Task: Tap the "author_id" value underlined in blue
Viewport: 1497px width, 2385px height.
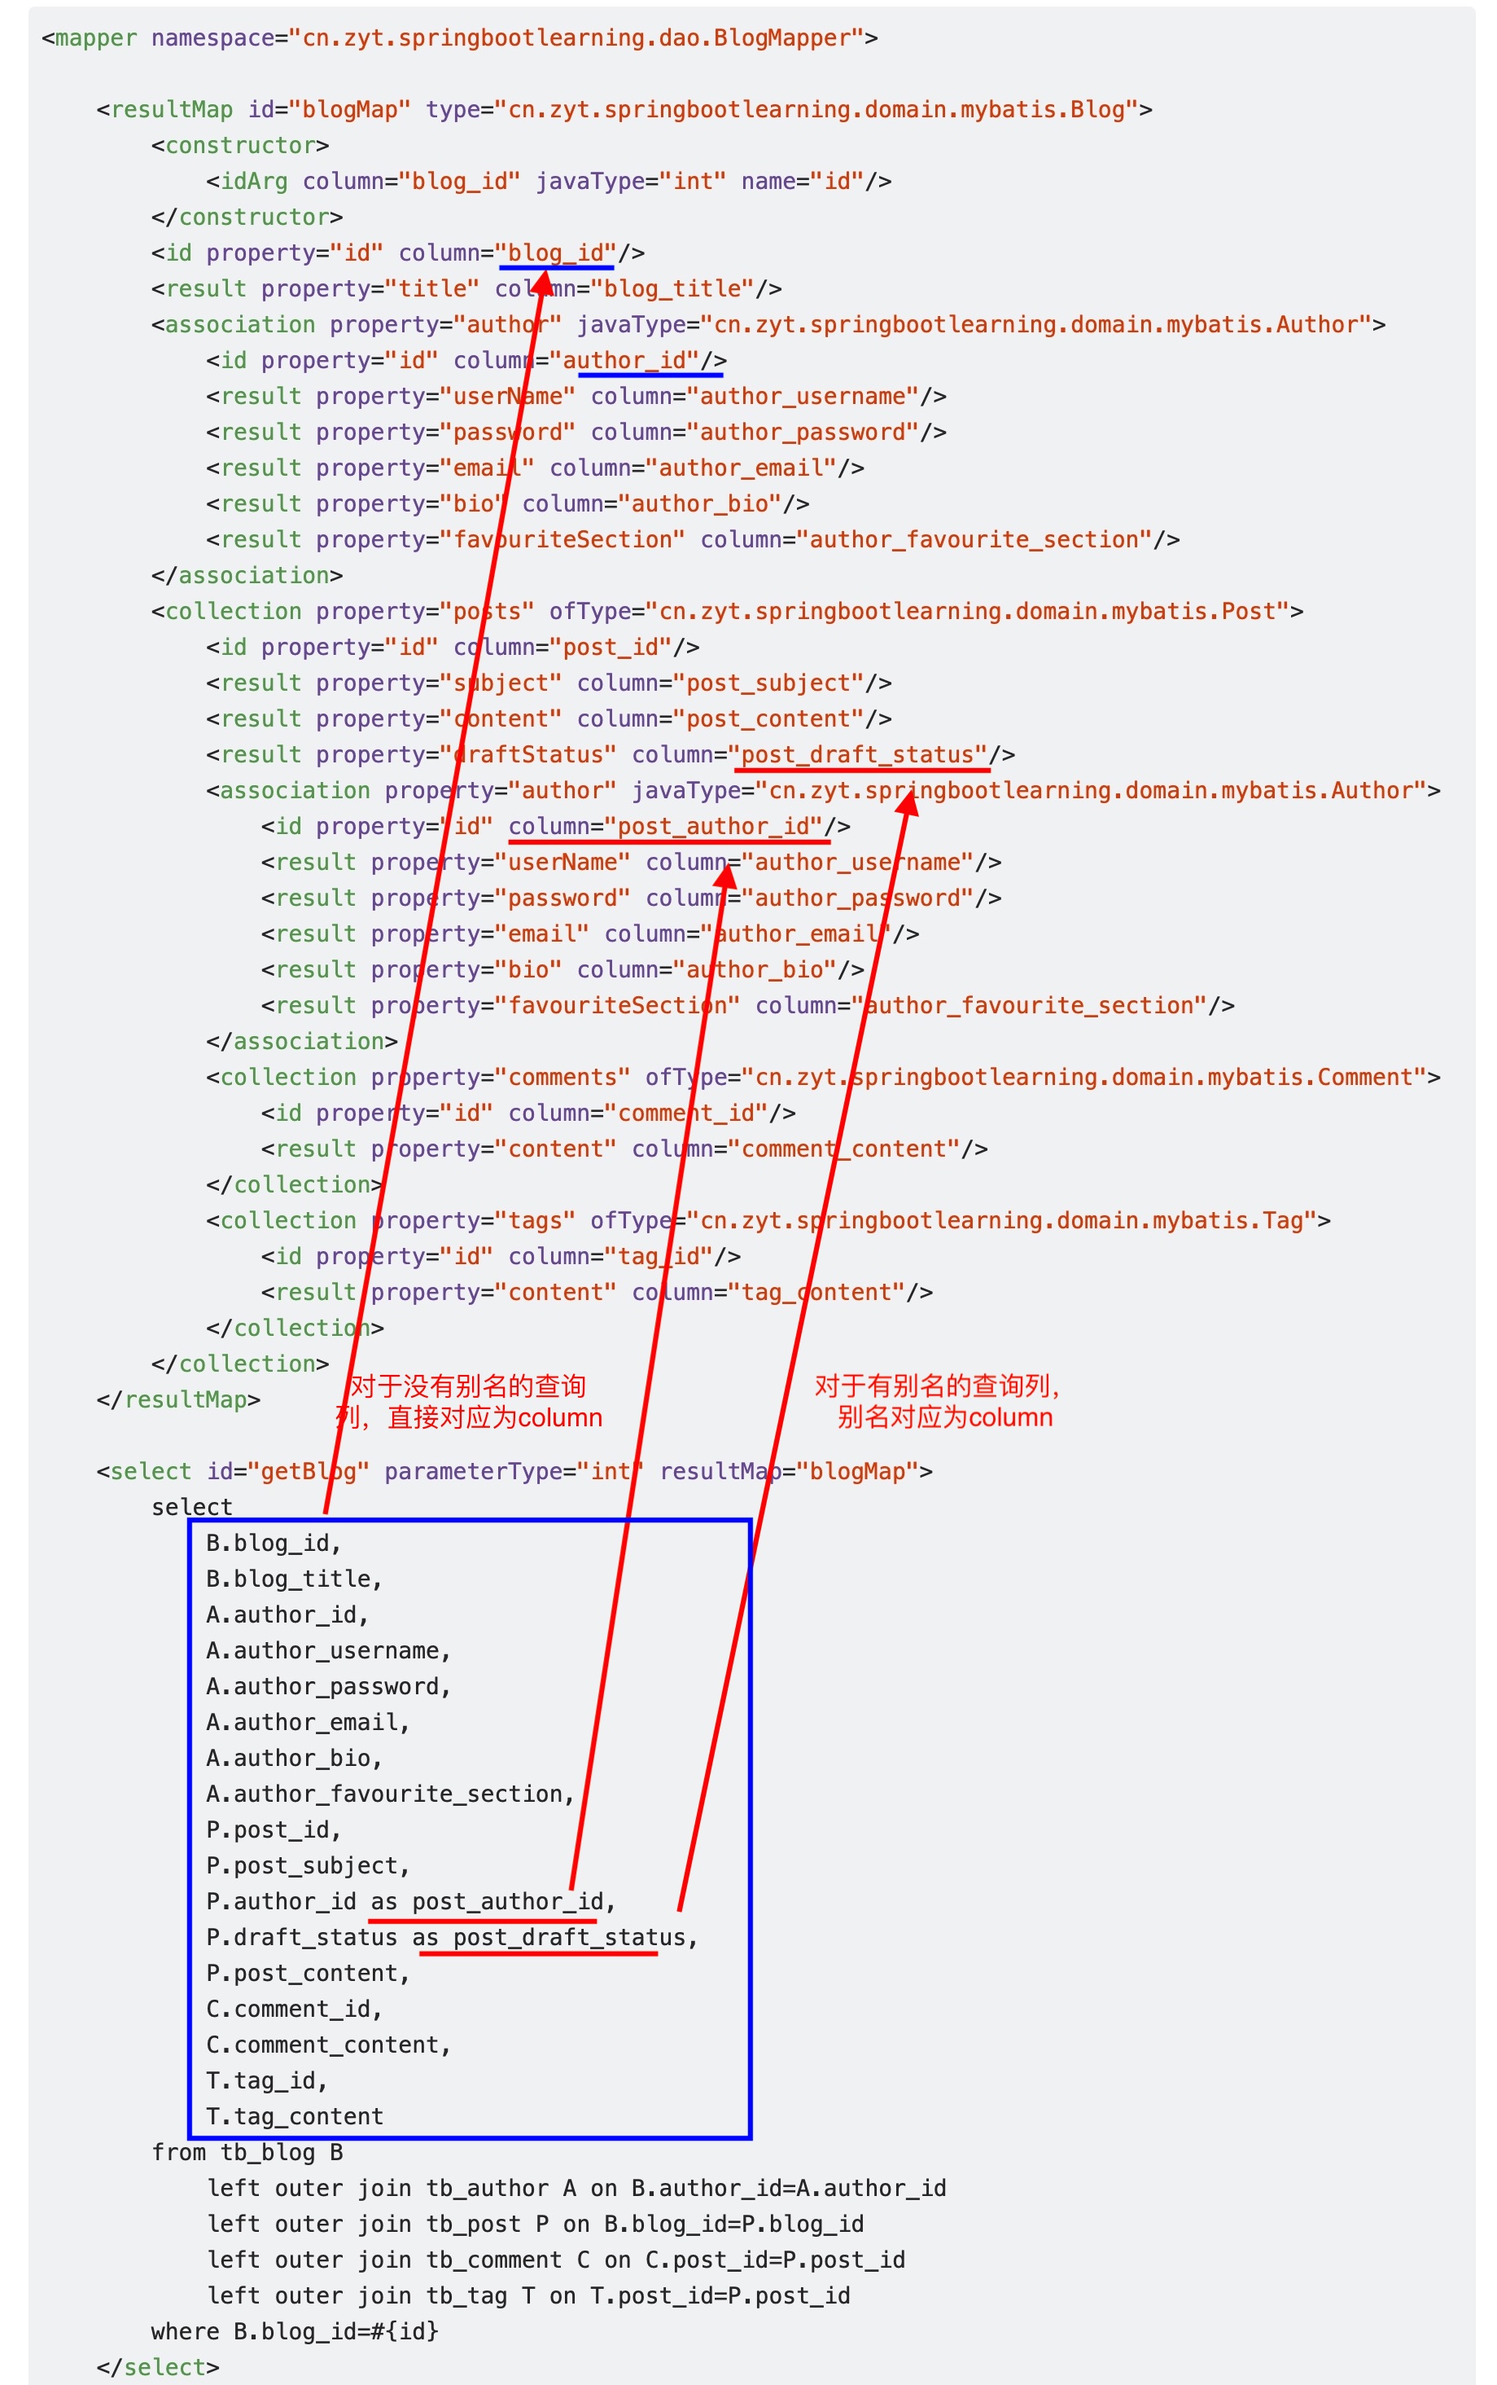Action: pyautogui.click(x=631, y=361)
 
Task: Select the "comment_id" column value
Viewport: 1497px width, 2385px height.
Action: pyautogui.click(x=686, y=1113)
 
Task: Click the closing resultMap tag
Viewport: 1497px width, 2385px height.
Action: pyautogui.click(x=178, y=1399)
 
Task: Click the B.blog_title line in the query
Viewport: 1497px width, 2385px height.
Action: pyautogui.click(x=293, y=1579)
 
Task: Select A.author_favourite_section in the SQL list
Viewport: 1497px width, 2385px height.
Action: pyautogui.click(x=389, y=1794)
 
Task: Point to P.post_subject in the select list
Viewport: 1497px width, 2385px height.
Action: pyautogui.click(x=307, y=1865)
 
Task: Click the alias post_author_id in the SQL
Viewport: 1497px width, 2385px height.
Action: pyautogui.click(x=507, y=1902)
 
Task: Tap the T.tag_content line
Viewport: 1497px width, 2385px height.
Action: pyautogui.click(x=294, y=2116)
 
